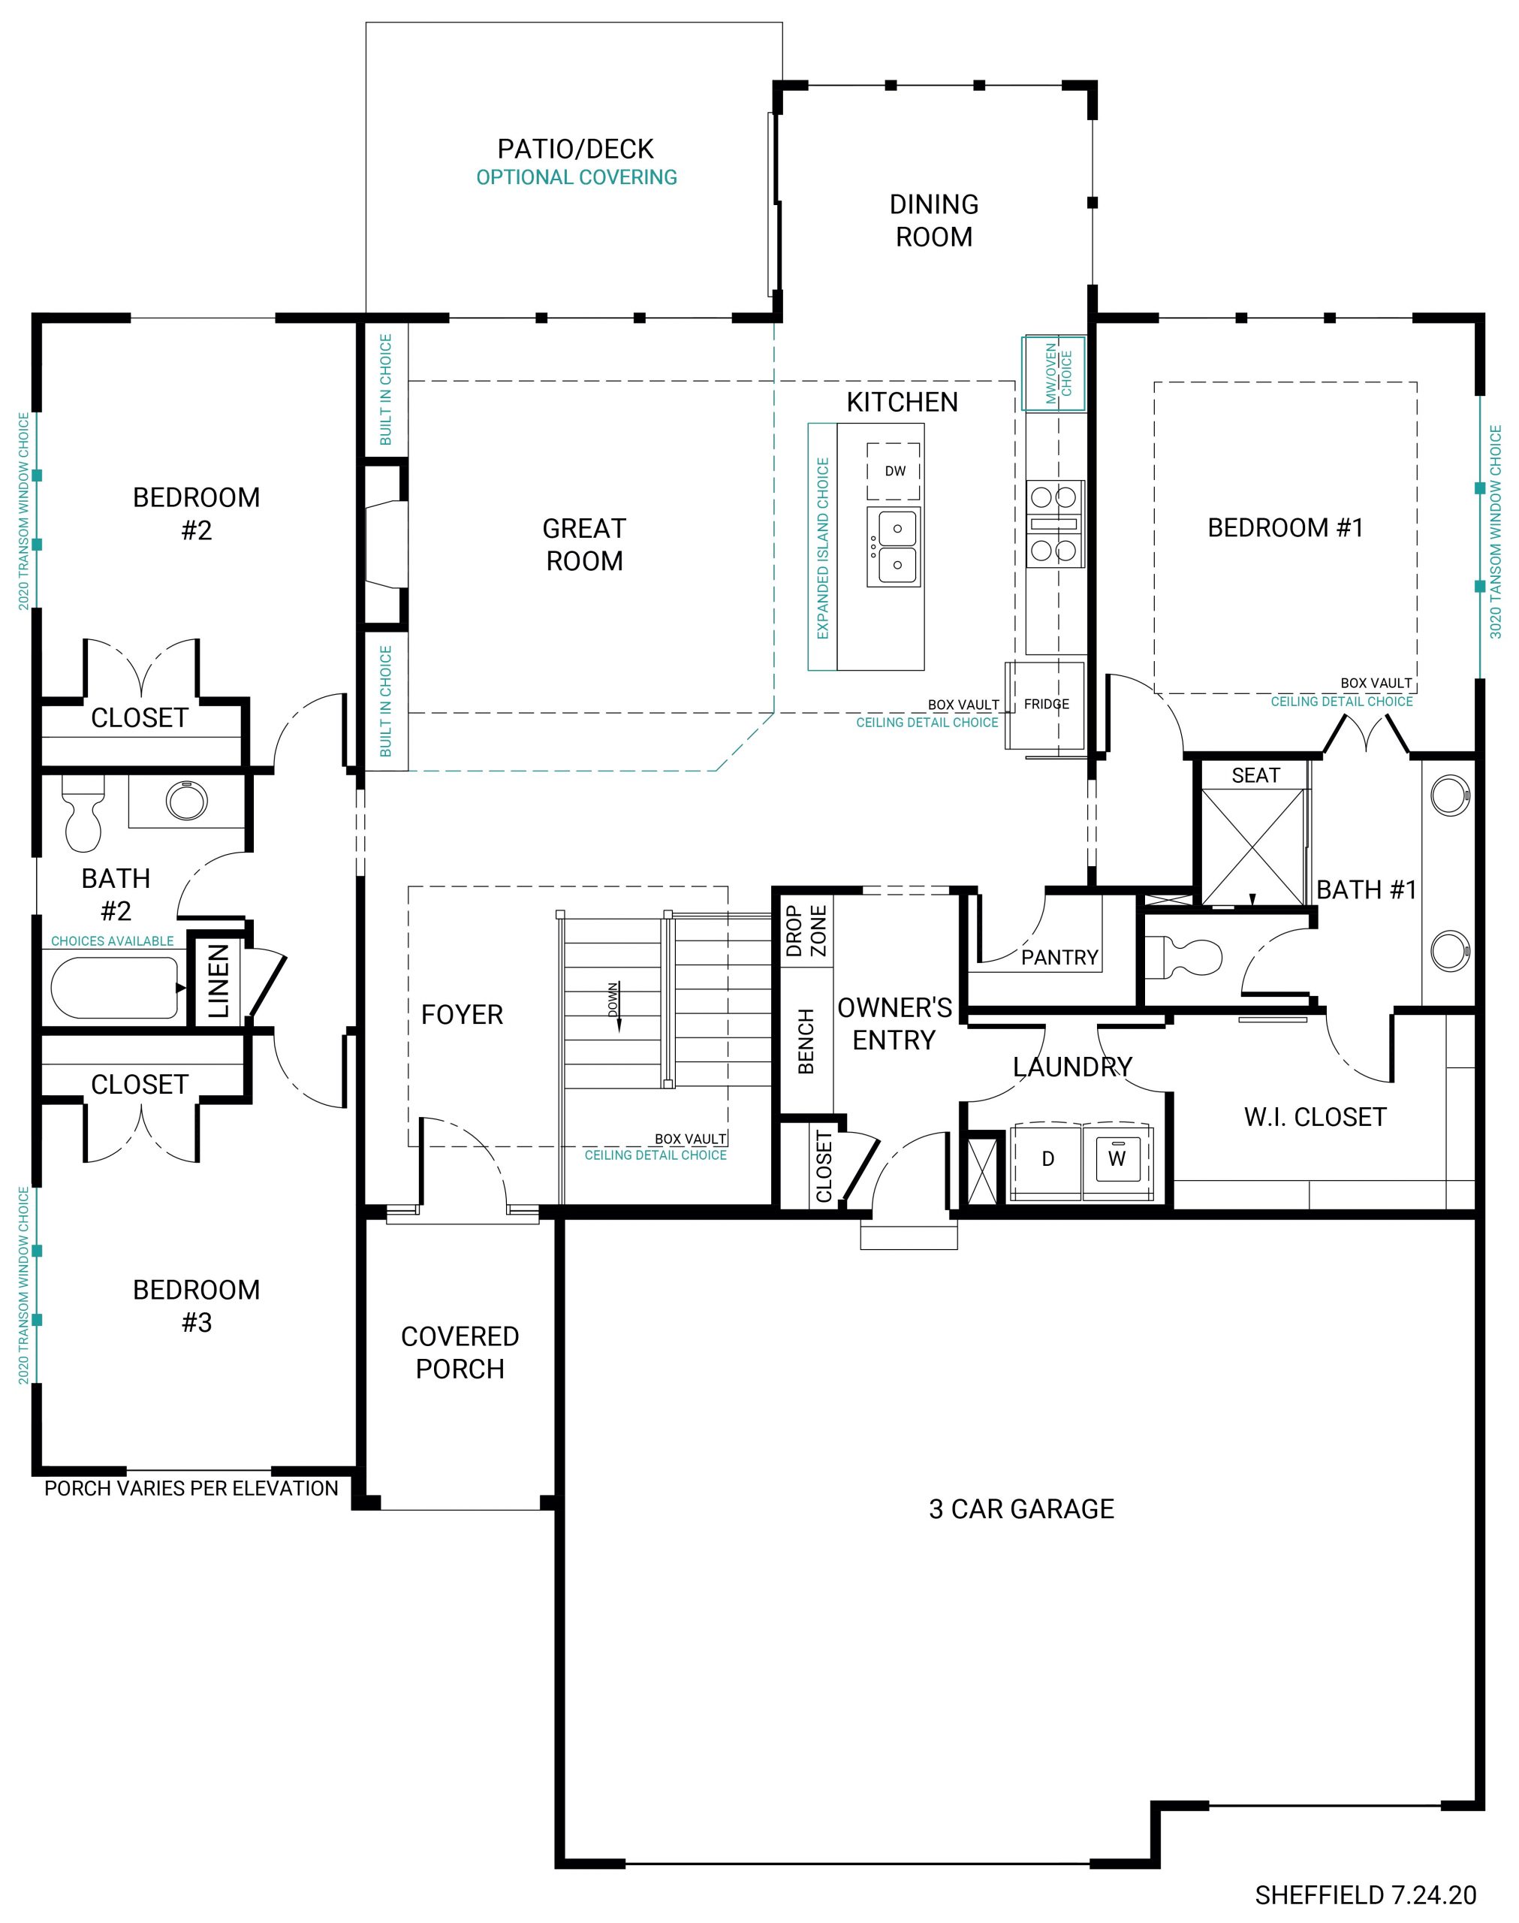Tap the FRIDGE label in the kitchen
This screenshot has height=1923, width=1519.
pyautogui.click(x=1046, y=704)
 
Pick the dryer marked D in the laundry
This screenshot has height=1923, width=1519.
pyautogui.click(x=1047, y=1159)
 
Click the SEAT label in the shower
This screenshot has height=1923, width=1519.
pyautogui.click(x=1255, y=776)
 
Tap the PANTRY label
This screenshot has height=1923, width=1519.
pyautogui.click(x=1059, y=958)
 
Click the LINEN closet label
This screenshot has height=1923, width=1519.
pyautogui.click(x=219, y=981)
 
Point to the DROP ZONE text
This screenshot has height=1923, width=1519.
pyautogui.click(x=806, y=931)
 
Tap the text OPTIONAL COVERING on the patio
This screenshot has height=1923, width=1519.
pyautogui.click(x=577, y=177)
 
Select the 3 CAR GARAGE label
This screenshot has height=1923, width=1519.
pyautogui.click(x=1021, y=1509)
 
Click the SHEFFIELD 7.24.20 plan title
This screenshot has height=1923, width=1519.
pyautogui.click(x=1365, y=1895)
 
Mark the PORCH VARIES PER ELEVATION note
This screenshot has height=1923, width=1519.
pyautogui.click(x=191, y=1489)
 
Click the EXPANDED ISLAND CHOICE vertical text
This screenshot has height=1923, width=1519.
pyautogui.click(x=823, y=548)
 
